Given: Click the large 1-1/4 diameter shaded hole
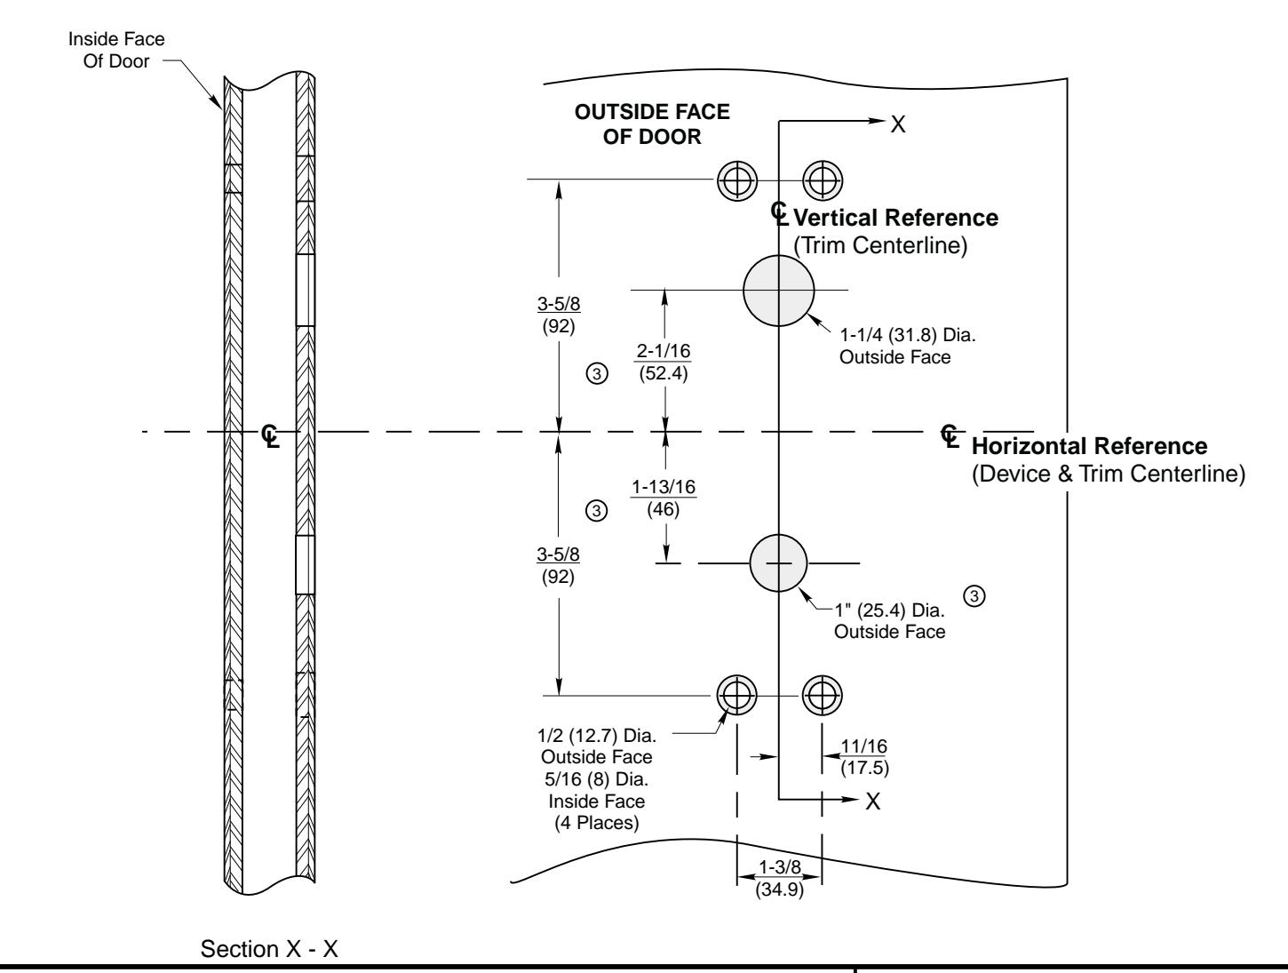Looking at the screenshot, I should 778,290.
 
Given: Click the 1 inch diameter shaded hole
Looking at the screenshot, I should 778,563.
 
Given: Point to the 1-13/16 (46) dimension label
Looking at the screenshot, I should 664,497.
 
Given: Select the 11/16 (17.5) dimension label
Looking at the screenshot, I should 857,756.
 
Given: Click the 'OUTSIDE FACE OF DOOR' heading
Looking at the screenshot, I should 653,124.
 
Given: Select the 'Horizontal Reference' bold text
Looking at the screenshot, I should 1090,446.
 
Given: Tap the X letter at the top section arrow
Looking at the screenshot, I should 898,124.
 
